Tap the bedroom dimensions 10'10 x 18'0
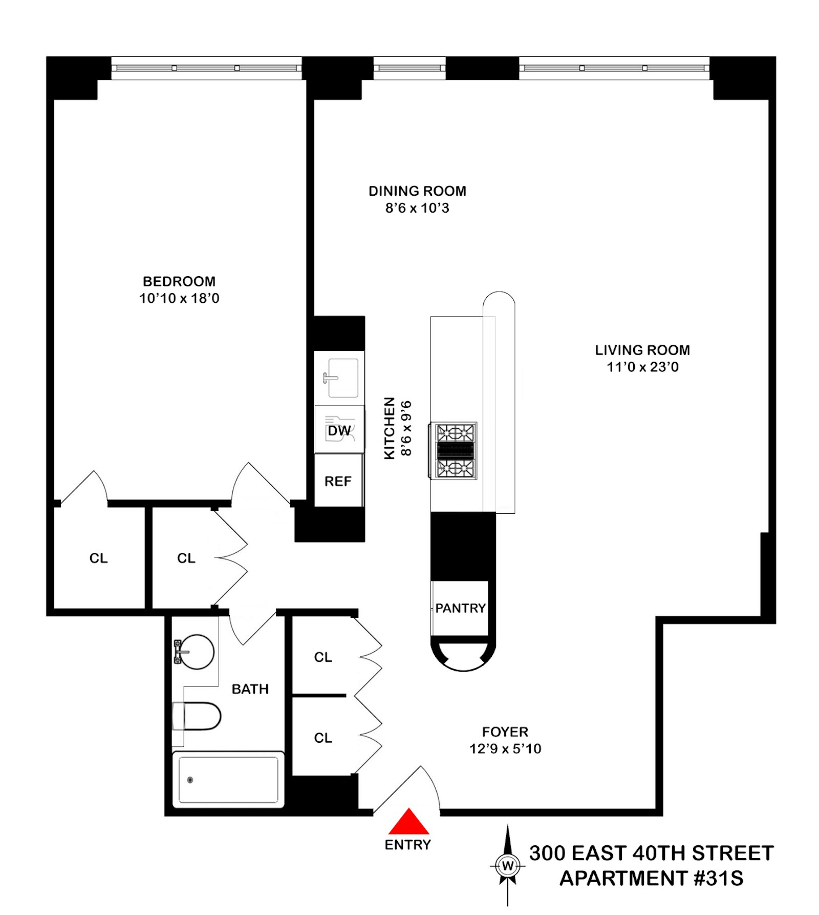[179, 298]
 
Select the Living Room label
[642, 350]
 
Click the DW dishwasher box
[339, 430]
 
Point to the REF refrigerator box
[338, 482]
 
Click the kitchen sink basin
[342, 378]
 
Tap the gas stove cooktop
[455, 451]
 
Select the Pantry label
[460, 608]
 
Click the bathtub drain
[190, 780]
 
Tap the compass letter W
[507, 866]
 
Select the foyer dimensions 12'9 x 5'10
[505, 749]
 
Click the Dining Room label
[417, 191]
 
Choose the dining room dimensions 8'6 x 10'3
[417, 208]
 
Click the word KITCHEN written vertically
[390, 428]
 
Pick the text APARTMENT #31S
[651, 879]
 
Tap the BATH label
[250, 689]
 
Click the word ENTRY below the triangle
[408, 845]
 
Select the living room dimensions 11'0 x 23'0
[642, 367]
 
